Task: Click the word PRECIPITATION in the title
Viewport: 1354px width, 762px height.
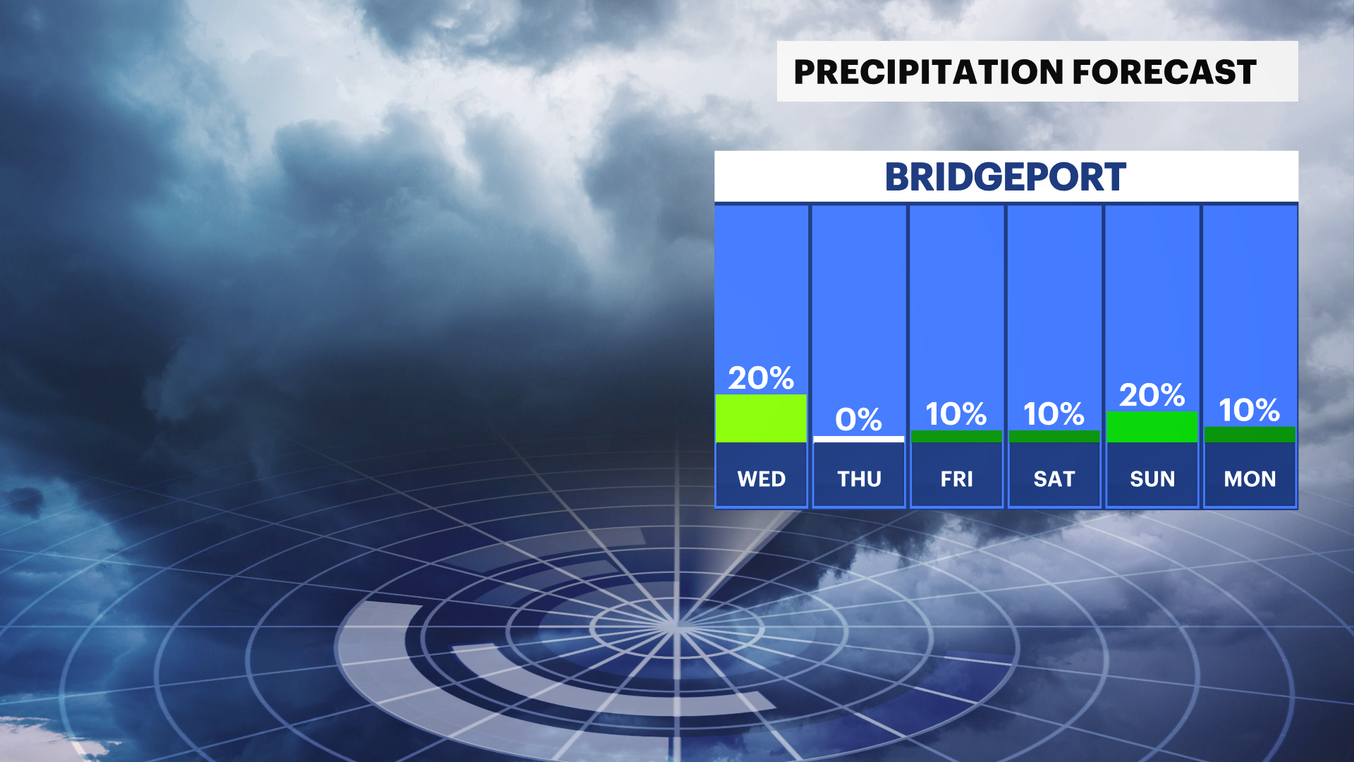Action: (929, 72)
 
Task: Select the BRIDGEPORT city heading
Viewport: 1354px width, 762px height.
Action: (1006, 177)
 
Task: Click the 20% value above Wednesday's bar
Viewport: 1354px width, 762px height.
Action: (761, 378)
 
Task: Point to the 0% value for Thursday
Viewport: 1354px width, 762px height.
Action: (858, 419)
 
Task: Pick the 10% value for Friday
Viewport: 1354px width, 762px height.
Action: (956, 413)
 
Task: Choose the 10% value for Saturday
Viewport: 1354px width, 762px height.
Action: (1054, 413)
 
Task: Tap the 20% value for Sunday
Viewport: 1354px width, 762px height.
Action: (1152, 395)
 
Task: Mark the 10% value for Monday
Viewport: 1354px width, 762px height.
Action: (1249, 410)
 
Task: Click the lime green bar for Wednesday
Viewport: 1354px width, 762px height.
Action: (761, 418)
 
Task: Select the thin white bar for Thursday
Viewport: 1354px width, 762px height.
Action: (858, 440)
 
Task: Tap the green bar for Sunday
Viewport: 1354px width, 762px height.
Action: (1152, 427)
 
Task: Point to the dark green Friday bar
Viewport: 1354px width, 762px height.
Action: (956, 437)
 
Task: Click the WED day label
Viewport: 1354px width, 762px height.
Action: (761, 479)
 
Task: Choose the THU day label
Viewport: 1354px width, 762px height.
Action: (859, 479)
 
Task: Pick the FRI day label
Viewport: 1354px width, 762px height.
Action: (956, 479)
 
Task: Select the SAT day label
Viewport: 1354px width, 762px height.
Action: (1054, 479)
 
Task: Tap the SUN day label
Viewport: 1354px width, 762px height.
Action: (1152, 479)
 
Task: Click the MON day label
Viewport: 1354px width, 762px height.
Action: (1250, 479)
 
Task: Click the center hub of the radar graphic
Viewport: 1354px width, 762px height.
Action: (676, 625)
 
